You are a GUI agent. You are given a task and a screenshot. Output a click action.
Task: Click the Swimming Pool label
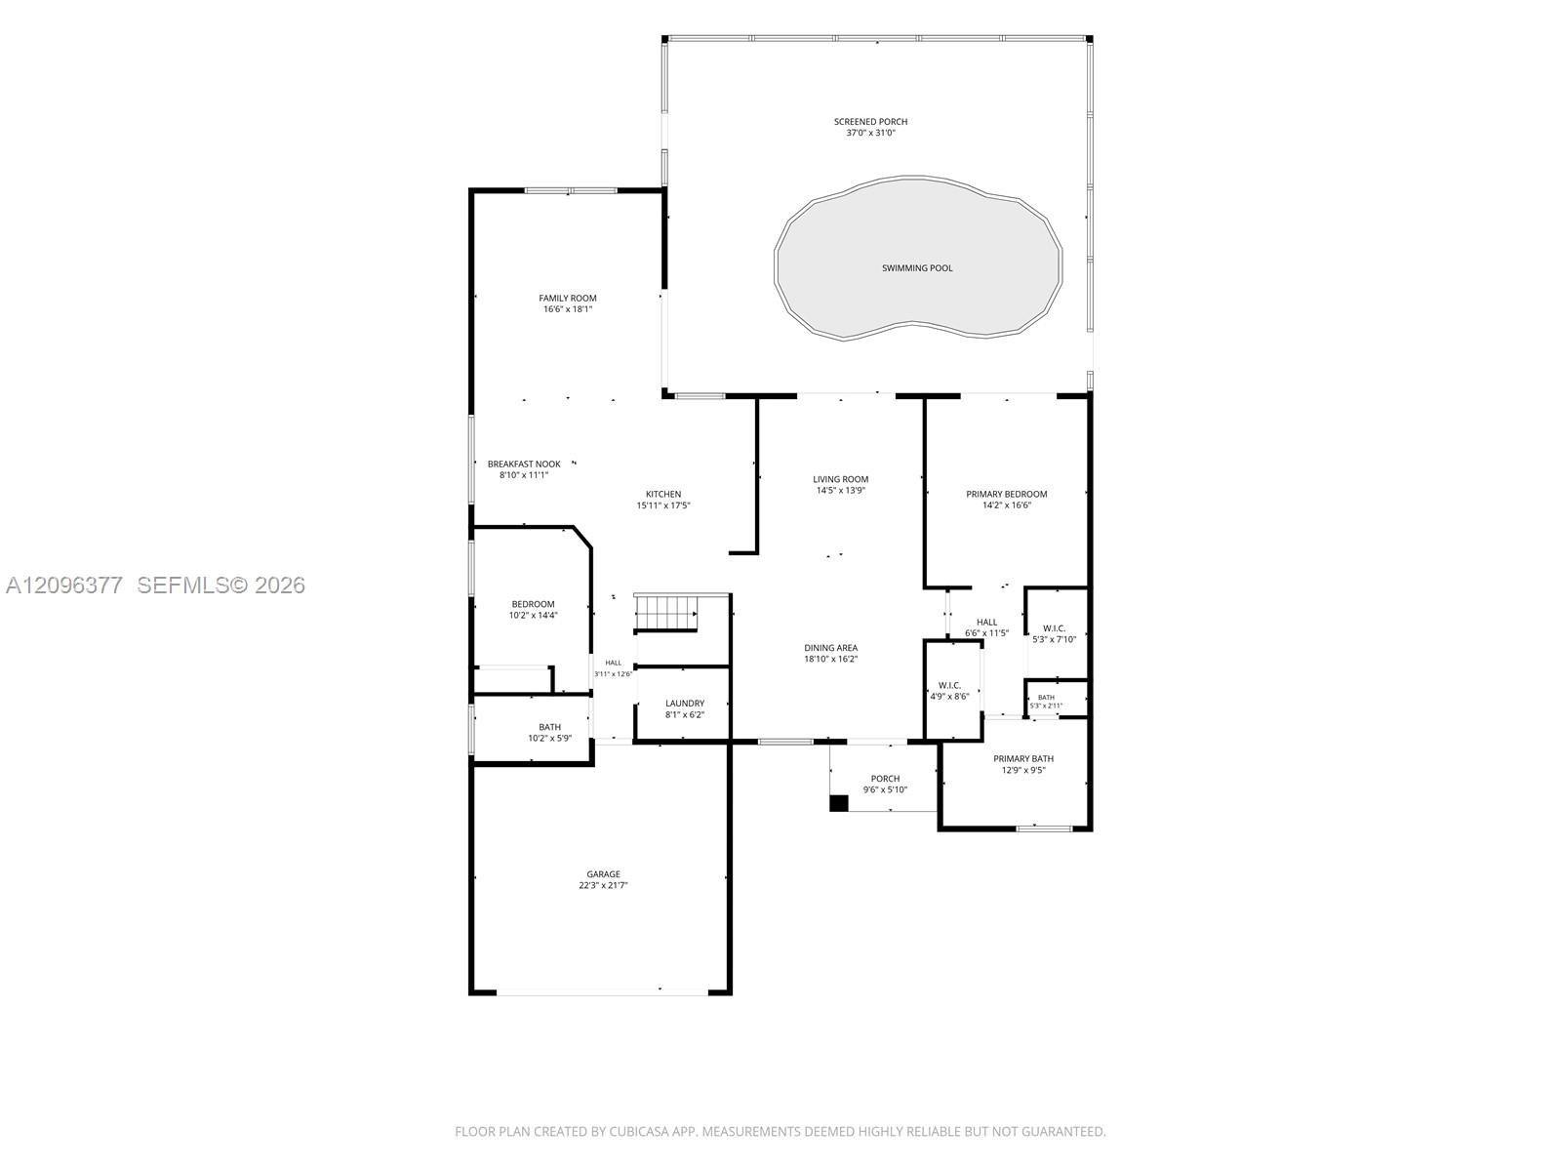(917, 268)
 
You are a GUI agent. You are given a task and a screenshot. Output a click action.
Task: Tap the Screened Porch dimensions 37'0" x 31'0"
(870, 133)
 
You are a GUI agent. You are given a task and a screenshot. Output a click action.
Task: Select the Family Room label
(568, 298)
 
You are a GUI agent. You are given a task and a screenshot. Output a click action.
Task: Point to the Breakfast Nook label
(524, 464)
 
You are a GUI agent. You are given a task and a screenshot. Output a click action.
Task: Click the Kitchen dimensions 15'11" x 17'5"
(663, 505)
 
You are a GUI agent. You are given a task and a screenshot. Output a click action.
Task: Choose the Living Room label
(841, 479)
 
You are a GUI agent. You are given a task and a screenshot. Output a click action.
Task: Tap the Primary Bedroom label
(1006, 494)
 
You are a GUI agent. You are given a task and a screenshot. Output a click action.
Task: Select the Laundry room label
(685, 704)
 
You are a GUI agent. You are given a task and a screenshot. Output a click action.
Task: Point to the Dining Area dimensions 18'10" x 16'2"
(830, 659)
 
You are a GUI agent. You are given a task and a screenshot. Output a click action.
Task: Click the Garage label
(603, 873)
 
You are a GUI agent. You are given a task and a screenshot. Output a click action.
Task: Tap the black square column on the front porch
(839, 803)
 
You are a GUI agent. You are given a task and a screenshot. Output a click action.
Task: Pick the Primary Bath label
(1023, 758)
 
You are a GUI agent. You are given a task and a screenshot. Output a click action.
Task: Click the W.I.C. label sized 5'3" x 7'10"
(1054, 628)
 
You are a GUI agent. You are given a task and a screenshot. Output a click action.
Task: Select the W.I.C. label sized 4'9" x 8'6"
(949, 685)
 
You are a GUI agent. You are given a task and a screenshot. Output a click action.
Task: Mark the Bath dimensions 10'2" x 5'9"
(549, 738)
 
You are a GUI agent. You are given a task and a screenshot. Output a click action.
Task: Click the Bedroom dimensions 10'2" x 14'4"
(533, 615)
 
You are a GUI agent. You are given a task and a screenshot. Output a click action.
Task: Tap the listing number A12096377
(64, 585)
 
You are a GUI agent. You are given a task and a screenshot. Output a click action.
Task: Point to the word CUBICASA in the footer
(639, 1131)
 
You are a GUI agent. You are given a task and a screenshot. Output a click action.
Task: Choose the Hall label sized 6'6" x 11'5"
(986, 623)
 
